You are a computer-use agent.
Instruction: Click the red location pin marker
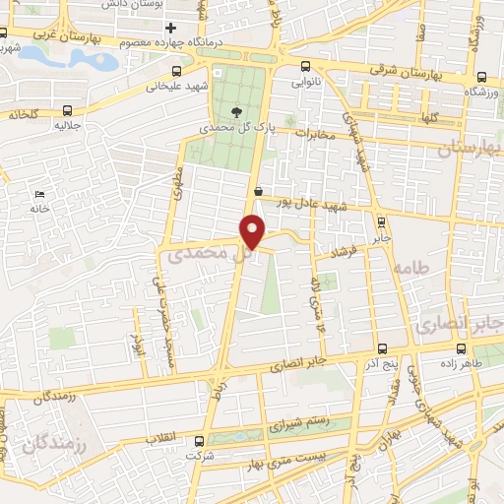point(253,230)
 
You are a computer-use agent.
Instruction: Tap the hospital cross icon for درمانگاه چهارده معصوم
point(171,28)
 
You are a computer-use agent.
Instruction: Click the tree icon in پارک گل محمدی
point(235,110)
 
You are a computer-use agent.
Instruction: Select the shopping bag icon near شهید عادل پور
point(257,192)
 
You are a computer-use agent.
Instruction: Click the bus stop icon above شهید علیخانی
point(176,71)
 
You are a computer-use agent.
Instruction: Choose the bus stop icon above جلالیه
point(67,110)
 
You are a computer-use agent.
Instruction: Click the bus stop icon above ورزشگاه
point(480,77)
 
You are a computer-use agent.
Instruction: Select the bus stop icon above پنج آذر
point(383,347)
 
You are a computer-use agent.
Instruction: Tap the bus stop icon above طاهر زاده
point(462,347)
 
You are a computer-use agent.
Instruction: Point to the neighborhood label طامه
point(409,268)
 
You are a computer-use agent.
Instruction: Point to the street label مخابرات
point(315,134)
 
